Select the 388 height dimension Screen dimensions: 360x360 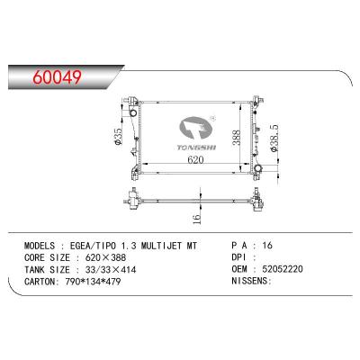pyautogui.click(x=234, y=137)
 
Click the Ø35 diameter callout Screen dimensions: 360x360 pyautogui.click(x=116, y=137)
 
